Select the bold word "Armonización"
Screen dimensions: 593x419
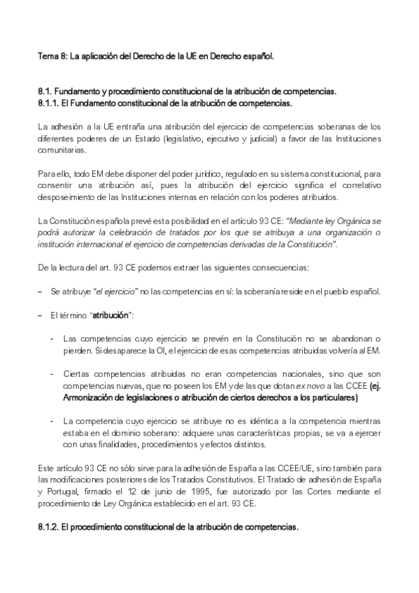pos(87,399)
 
